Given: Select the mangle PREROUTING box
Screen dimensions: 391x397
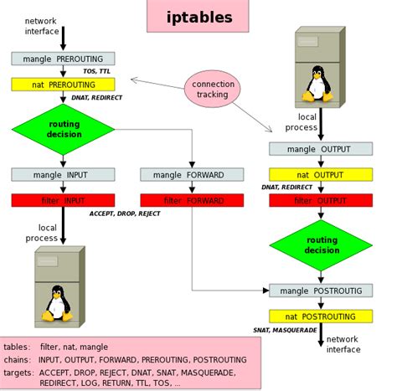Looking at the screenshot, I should (x=63, y=59).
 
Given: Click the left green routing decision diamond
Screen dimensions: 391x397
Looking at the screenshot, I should (x=63, y=129).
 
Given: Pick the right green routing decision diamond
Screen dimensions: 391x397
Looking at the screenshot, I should (x=321, y=245).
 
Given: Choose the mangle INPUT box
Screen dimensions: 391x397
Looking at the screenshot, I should (x=63, y=174).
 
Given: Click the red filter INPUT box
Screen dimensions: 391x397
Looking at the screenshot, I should (x=63, y=200).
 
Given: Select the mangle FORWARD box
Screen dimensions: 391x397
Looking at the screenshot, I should (x=192, y=174).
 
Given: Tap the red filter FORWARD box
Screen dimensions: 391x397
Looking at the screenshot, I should (x=192, y=200).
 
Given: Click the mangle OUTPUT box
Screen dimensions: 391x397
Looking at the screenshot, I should (x=321, y=148).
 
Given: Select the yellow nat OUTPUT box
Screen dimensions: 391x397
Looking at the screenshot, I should (x=321, y=174).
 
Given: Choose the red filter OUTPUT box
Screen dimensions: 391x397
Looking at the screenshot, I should (x=321, y=200).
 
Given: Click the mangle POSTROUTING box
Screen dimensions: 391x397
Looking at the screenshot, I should (x=321, y=291).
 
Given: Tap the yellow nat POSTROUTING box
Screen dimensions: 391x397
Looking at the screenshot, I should (x=321, y=316).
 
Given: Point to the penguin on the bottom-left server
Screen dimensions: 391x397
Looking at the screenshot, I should (x=57, y=303).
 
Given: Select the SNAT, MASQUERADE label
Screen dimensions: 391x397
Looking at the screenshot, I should (x=286, y=331).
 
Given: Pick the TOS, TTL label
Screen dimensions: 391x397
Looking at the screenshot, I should (x=96, y=71).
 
